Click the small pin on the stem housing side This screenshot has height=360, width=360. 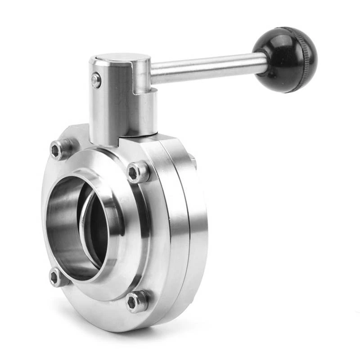pyautogui.click(x=96, y=81)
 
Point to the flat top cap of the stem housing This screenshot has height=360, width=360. pyautogui.click(x=119, y=59)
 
